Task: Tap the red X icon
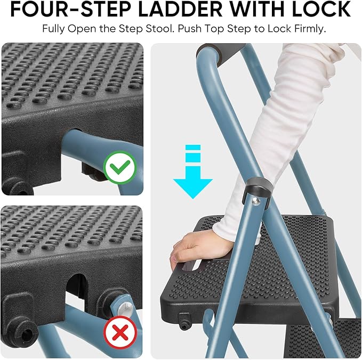[x=120, y=332]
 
